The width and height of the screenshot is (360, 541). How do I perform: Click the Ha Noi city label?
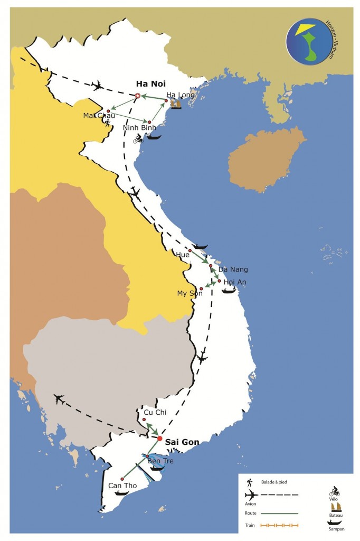pos(150,83)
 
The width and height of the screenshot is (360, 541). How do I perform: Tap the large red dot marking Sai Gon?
pos(160,438)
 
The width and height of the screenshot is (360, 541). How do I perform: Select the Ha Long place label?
pos(181,95)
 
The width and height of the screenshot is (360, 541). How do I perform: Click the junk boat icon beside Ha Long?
pos(176,105)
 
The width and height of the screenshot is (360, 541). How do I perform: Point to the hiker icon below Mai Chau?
pos(108,124)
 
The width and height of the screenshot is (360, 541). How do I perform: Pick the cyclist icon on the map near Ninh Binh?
pos(138,138)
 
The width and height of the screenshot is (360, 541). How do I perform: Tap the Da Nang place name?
pos(232,269)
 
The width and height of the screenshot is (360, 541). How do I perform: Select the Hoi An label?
pos(234,282)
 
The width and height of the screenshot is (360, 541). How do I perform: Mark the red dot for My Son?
pos(201,288)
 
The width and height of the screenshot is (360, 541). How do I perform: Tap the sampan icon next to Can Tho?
pos(121,493)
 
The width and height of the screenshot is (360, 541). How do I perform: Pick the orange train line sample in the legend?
pos(280,525)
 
